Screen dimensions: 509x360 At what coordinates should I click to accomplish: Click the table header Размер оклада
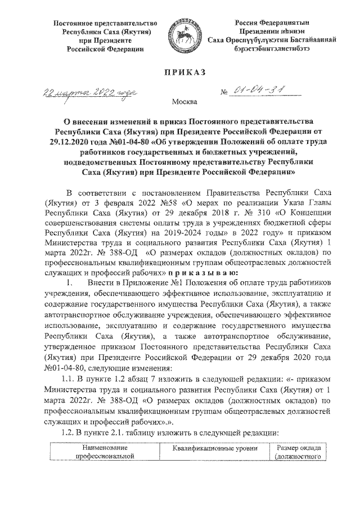tap(298, 448)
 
